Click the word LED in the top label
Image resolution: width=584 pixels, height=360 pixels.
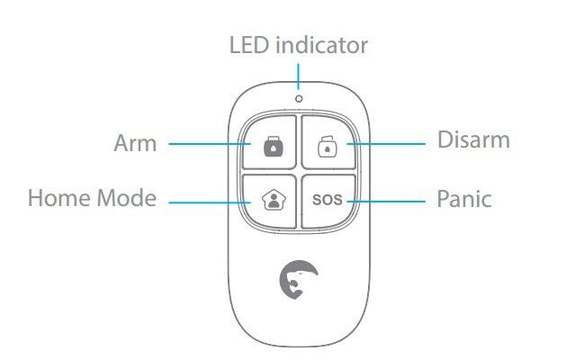pos(249,45)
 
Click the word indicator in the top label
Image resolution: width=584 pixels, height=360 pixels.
pos(322,45)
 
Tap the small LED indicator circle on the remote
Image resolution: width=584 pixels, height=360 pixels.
pos(299,99)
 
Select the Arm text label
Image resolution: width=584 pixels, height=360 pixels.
pos(135,143)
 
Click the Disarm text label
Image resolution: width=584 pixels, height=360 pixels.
pos(473,139)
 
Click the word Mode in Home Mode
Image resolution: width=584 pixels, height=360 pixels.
pos(127,198)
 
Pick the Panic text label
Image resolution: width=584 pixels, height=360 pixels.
pos(464,199)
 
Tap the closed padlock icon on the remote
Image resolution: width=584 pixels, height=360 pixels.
pos(274,146)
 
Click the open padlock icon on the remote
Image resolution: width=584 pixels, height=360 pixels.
pos(328,146)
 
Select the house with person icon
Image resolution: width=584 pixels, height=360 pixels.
pos(274,200)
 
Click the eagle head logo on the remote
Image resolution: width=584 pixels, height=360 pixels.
pos(299,280)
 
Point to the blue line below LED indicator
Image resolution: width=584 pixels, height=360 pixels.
pos(298,76)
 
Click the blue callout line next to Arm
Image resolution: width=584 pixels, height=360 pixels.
pos(210,144)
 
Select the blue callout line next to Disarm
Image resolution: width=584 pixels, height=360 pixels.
pos(386,143)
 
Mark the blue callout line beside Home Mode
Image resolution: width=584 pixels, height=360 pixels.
pos(210,202)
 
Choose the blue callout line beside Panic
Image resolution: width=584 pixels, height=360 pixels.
pos(386,202)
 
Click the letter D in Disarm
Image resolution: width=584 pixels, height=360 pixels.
pos(445,139)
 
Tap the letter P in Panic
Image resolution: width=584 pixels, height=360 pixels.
pos(444,199)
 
